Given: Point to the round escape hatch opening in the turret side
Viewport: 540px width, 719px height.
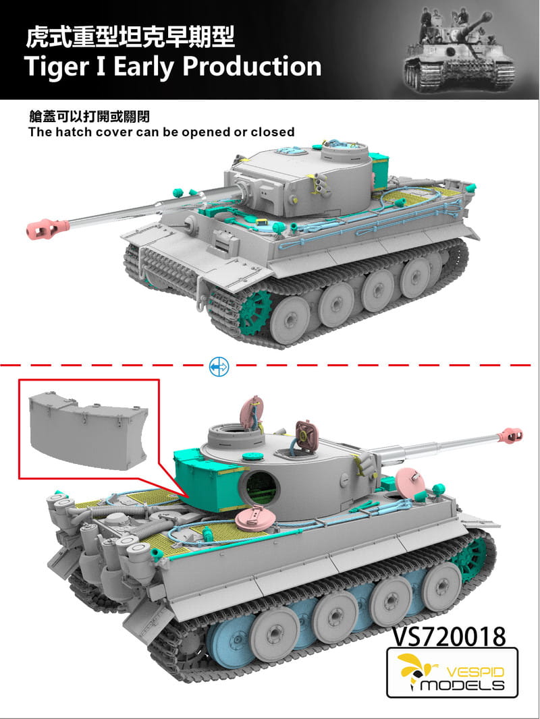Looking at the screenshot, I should (x=260, y=487).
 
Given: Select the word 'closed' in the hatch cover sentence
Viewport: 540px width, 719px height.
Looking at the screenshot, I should (x=270, y=132).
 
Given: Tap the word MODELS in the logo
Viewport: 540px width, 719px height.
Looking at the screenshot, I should (x=462, y=685).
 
